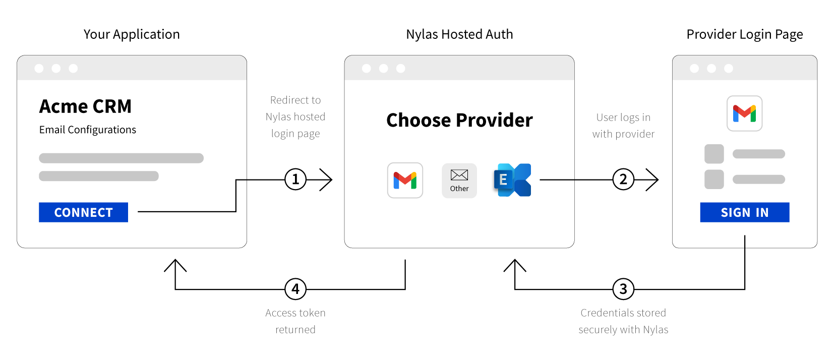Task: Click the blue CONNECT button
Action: tap(83, 212)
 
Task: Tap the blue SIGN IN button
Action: tap(744, 212)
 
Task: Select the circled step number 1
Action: tap(295, 179)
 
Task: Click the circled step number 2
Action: tap(623, 179)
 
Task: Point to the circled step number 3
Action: tap(623, 289)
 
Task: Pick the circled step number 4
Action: tap(295, 289)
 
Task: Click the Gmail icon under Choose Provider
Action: tap(405, 180)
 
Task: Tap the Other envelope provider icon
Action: tap(459, 180)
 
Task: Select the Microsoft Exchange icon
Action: tap(513, 180)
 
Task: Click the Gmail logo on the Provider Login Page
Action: tap(744, 113)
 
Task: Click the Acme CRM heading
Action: tap(85, 106)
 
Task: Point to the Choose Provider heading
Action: tap(459, 120)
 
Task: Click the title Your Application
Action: tap(132, 34)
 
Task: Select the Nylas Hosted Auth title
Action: tap(459, 34)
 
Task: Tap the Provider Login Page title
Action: tap(744, 34)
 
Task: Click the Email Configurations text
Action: tap(88, 130)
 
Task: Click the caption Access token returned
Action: tap(295, 321)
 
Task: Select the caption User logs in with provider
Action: tap(623, 126)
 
